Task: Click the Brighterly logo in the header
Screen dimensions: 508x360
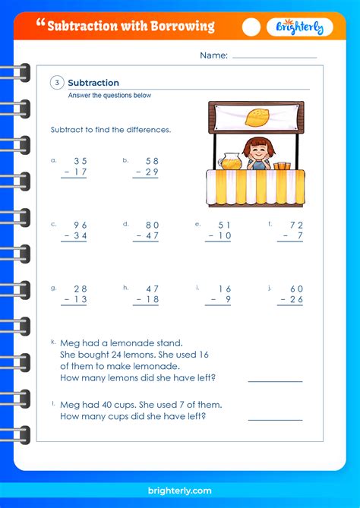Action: (298, 27)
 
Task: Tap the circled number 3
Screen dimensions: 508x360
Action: (57, 83)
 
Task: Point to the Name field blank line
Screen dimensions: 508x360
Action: (274, 57)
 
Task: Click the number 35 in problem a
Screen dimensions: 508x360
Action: (80, 161)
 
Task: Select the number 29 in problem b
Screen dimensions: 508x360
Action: (150, 173)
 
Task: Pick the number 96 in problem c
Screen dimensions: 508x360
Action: (80, 225)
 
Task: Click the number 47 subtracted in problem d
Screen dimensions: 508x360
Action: (150, 237)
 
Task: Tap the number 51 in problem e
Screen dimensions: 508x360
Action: (224, 225)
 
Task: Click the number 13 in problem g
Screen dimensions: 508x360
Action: (80, 301)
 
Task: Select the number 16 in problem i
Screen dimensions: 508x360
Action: (224, 289)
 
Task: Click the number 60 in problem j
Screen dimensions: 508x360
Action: (296, 289)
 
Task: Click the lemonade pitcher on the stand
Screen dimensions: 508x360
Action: (229, 161)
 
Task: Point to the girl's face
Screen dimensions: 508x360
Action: (258, 151)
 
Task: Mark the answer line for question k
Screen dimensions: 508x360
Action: (275, 381)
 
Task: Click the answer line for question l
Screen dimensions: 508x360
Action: (275, 419)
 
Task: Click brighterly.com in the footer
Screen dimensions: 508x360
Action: (180, 491)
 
